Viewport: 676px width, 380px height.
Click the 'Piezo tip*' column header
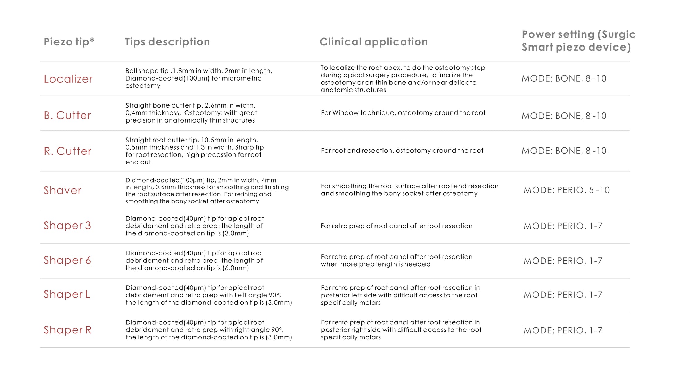pos(69,42)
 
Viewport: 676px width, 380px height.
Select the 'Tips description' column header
pos(167,42)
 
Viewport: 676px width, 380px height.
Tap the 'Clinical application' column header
pos(373,42)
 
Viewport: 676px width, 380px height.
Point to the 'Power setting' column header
pos(578,41)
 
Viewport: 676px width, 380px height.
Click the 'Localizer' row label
pos(68,79)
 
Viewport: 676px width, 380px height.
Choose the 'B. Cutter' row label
pos(67,115)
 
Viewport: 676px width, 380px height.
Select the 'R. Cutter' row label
pos(67,151)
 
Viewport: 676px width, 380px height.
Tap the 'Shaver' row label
pos(63,190)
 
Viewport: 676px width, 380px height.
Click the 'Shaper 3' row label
pos(67,226)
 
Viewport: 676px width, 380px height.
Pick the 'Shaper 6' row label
pos(67,260)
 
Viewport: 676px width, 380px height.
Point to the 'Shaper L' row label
pos(67,294)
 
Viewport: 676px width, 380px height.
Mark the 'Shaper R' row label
pos(67,330)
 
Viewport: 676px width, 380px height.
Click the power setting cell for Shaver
pos(566,190)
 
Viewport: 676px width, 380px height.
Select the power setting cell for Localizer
pos(564,78)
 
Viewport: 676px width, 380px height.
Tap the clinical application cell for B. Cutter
pos(403,113)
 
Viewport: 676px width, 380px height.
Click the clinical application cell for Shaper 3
pos(396,226)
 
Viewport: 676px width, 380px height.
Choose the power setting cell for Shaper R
pos(563,330)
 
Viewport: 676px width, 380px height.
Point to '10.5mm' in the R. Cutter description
pos(212,140)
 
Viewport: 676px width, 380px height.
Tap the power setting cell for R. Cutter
pos(564,151)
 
